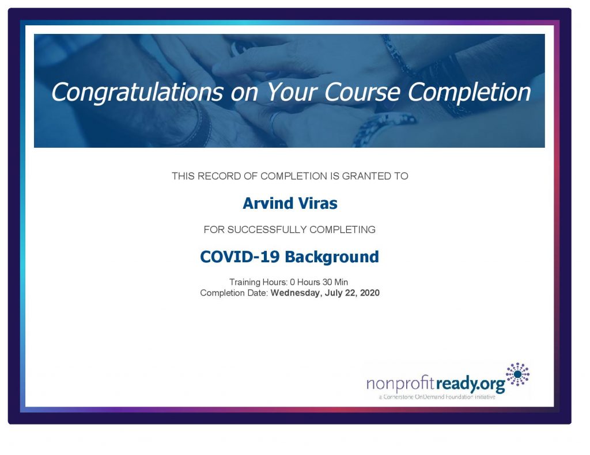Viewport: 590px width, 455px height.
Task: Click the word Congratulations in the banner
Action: (x=137, y=93)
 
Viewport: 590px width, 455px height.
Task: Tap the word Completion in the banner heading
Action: (x=469, y=93)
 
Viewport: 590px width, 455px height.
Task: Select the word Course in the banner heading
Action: (x=362, y=93)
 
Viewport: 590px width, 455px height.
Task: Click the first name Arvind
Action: (x=268, y=203)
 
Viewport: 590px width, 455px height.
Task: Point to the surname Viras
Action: (x=318, y=203)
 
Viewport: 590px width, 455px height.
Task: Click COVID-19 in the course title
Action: (x=240, y=257)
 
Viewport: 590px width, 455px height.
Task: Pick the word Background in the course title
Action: (x=332, y=257)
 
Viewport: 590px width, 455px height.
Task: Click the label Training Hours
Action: (x=259, y=282)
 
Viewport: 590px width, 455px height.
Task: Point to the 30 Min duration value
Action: (x=335, y=282)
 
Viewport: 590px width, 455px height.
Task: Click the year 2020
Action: (x=369, y=293)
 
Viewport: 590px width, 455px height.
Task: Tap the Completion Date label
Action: (x=234, y=293)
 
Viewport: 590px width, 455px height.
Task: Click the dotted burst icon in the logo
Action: (x=517, y=374)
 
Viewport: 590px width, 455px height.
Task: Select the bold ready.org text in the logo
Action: (x=470, y=384)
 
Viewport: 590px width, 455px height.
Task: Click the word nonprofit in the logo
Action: (x=400, y=384)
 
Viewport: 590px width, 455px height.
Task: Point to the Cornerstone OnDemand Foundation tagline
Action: (x=437, y=397)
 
